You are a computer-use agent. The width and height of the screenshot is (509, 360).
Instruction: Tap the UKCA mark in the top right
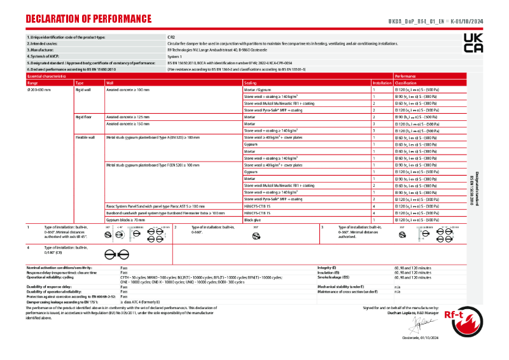[x=473, y=43]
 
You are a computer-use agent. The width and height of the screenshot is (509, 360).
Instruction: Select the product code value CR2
[x=171, y=38]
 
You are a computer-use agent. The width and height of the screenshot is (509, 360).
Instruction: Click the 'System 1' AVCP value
[x=174, y=57]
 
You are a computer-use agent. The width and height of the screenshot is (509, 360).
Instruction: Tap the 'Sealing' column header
[x=251, y=83]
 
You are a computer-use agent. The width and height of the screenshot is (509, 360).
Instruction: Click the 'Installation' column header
[x=382, y=83]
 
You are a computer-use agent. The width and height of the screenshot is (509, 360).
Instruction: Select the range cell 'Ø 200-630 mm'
[x=39, y=90]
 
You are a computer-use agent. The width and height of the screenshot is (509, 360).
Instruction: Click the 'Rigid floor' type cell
[x=84, y=117]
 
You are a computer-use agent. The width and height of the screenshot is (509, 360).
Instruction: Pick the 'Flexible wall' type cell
[x=85, y=137]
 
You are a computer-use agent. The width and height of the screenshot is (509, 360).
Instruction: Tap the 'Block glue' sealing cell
[x=253, y=219]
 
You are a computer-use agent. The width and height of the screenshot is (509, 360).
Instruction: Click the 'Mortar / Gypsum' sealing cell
[x=258, y=90]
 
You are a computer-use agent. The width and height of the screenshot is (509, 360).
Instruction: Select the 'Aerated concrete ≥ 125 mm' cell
[x=128, y=117]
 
